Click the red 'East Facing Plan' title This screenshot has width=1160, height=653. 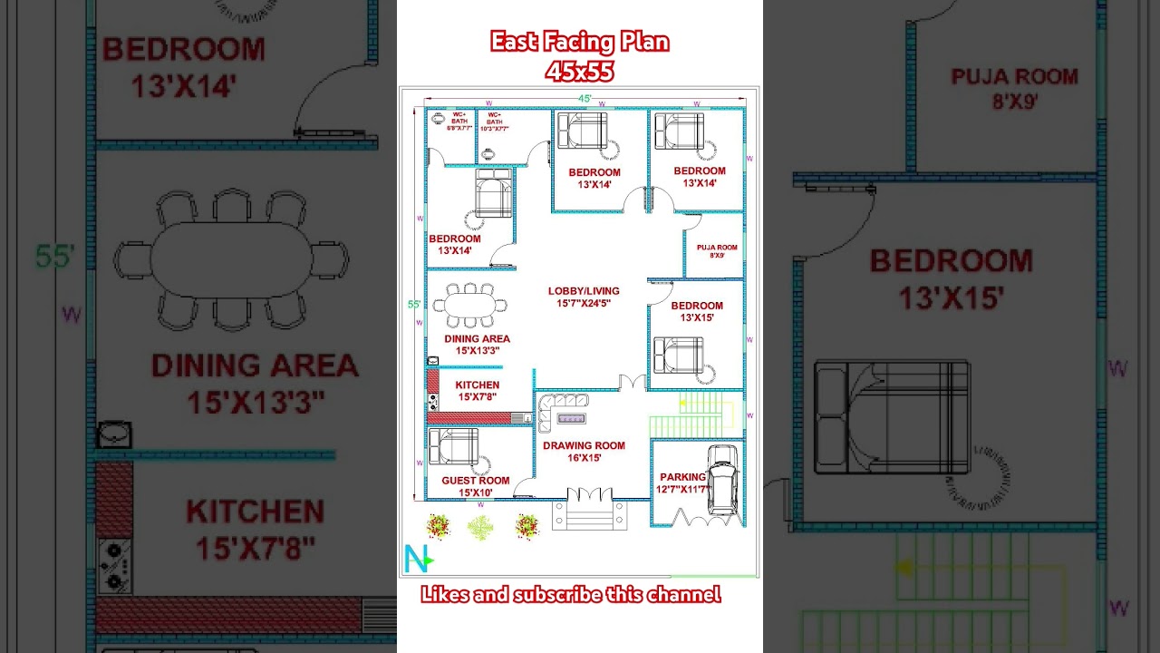[580, 42]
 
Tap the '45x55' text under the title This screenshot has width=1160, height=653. [580, 71]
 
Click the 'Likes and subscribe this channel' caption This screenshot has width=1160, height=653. [571, 595]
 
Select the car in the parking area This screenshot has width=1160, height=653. [722, 480]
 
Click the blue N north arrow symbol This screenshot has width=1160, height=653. [418, 560]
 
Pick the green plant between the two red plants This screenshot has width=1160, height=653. [481, 526]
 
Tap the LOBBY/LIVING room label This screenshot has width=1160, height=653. [584, 297]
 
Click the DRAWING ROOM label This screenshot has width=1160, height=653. [584, 452]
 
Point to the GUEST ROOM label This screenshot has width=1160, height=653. [475, 486]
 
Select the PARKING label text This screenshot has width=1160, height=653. [682, 477]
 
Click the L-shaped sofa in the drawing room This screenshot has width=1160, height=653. [558, 409]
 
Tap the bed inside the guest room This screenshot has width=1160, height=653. [453, 446]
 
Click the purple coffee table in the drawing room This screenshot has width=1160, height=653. [571, 419]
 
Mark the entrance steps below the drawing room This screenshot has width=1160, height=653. [589, 514]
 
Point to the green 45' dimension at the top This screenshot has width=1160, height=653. [585, 98]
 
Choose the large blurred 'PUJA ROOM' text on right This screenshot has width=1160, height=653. [1014, 89]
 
